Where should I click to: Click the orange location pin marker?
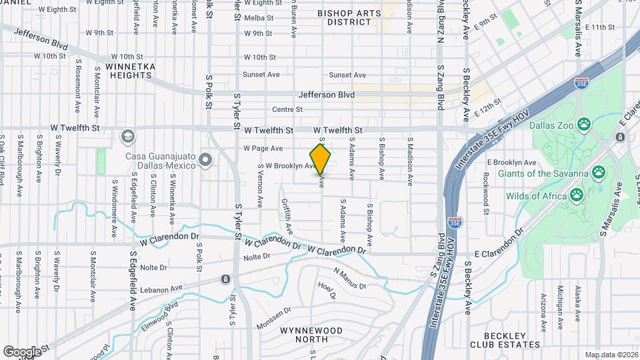click(321, 159)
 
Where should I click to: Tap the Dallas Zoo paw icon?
click(584, 123)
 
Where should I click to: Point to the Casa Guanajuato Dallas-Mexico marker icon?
click(205, 160)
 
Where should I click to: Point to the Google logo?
click(22, 351)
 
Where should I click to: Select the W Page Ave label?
click(263, 148)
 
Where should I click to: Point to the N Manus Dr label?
click(350, 279)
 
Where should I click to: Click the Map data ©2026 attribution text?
click(611, 355)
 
